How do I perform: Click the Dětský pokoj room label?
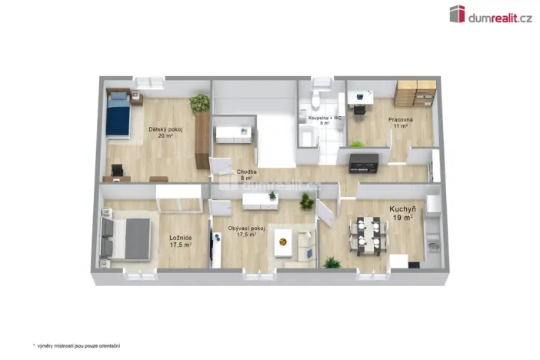(x=165, y=129)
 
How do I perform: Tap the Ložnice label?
(x=180, y=238)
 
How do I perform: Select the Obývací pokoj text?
(x=247, y=229)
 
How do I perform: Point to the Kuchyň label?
(x=402, y=208)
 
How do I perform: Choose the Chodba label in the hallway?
(x=247, y=172)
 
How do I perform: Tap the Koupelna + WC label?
(x=325, y=118)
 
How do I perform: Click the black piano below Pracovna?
(x=363, y=162)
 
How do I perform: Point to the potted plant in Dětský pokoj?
(x=201, y=103)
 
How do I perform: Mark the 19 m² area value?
(x=403, y=218)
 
